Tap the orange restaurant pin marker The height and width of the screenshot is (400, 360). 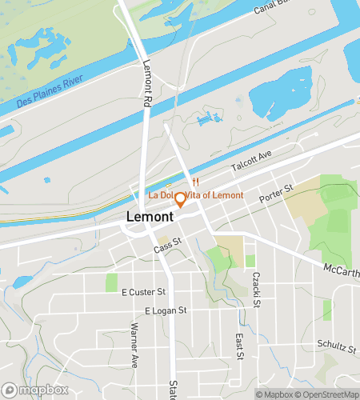coord(181,199)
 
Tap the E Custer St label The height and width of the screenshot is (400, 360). coord(143,292)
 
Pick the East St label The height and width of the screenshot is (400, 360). coord(238,346)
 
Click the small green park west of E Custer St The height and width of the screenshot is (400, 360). coord(111,282)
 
